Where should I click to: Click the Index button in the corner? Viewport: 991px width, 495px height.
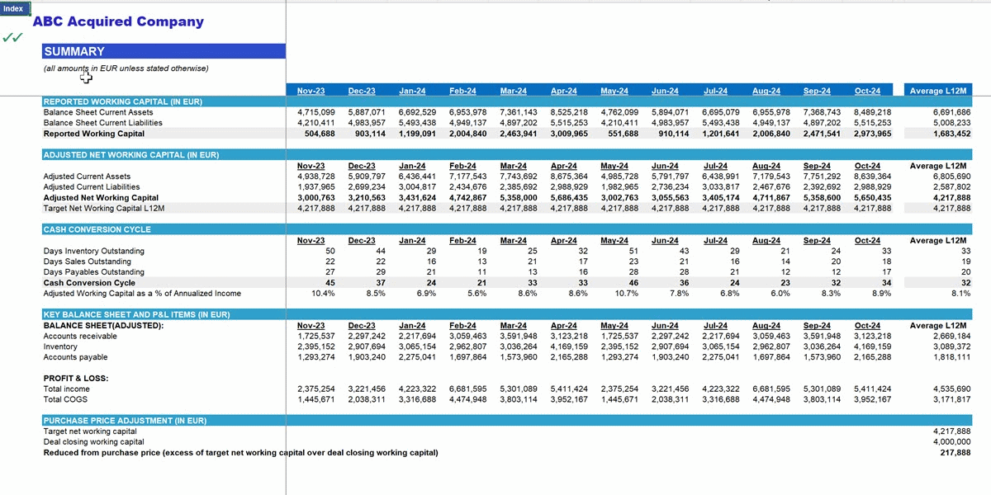point(14,8)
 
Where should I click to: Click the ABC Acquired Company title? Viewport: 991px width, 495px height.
point(118,22)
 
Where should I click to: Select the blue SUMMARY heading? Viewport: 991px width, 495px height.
point(74,51)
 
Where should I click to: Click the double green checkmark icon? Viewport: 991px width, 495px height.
point(12,38)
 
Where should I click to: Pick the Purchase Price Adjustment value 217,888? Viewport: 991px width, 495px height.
point(953,453)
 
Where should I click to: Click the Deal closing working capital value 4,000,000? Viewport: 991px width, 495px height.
point(951,442)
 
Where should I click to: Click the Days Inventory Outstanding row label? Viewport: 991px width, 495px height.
point(93,251)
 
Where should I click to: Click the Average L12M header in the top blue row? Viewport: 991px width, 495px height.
point(937,91)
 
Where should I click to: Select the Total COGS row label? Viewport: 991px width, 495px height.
point(67,399)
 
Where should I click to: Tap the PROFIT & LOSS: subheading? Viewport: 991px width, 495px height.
point(76,379)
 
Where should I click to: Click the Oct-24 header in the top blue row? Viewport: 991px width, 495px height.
point(867,91)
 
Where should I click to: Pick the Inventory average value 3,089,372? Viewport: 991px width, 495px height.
point(951,347)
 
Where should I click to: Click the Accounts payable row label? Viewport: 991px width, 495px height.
point(75,357)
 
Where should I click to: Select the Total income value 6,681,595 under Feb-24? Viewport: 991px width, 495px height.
point(467,389)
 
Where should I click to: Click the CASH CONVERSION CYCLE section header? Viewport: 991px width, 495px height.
point(97,229)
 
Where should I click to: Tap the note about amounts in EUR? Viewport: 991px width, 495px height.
point(126,68)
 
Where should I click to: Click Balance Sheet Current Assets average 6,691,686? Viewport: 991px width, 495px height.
point(951,112)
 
